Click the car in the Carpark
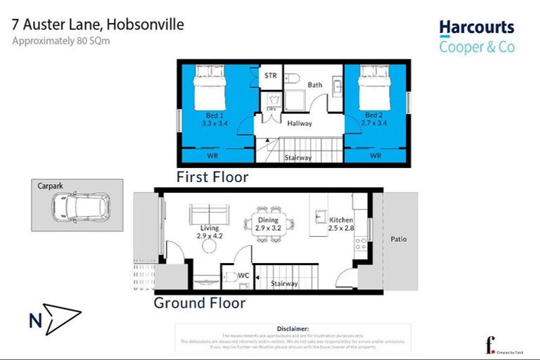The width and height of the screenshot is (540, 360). tap(79, 205)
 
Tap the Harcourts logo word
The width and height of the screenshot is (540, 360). tap(477, 28)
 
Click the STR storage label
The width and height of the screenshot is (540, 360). tap(271, 75)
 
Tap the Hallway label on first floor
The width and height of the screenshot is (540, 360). tap(300, 123)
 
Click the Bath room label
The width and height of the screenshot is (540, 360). tap(314, 85)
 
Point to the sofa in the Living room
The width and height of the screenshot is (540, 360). tap(209, 214)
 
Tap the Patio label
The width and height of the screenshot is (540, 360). tap(398, 239)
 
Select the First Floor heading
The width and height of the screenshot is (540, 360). tap(212, 176)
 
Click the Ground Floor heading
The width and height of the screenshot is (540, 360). tap(200, 304)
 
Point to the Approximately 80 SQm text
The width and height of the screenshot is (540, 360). tap(61, 41)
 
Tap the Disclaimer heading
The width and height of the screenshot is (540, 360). tap(292, 328)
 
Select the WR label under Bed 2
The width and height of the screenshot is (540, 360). tap(375, 155)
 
